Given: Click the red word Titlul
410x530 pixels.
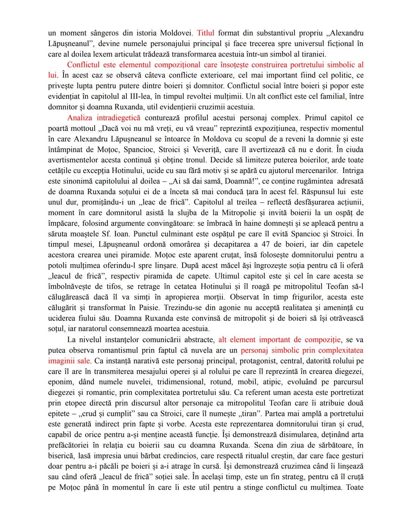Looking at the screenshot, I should (x=205, y=33).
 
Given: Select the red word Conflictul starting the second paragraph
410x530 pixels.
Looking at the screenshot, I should (x=83, y=65).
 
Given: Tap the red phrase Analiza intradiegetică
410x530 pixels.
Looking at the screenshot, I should (x=104, y=118).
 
